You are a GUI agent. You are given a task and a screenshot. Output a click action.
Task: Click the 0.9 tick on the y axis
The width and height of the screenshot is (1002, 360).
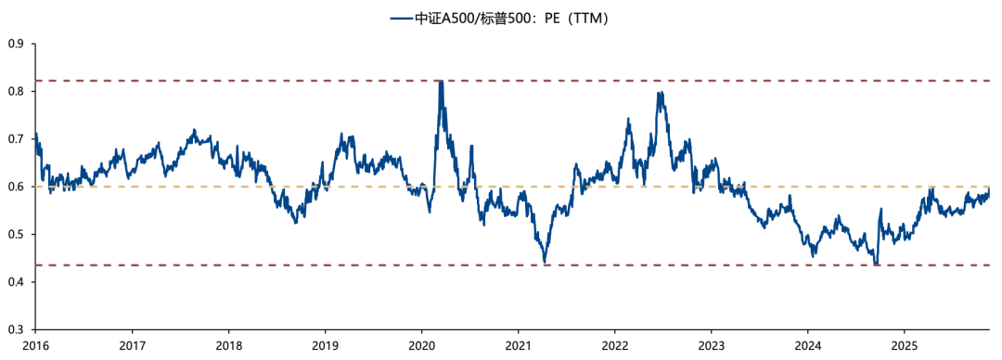[15, 44]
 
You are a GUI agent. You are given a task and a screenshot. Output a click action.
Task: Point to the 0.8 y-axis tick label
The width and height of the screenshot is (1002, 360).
[15, 92]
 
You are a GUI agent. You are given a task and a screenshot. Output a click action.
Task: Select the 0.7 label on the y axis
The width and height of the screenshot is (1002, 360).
[15, 139]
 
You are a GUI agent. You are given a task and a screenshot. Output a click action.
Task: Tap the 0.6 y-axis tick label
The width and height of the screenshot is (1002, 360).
[15, 186]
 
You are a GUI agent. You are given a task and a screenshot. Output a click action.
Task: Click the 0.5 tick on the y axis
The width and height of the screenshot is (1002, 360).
[15, 234]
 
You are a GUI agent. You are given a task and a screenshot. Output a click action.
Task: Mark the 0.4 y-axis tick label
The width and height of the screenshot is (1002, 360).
[15, 282]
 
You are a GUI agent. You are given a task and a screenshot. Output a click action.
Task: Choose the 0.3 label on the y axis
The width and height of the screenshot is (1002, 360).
[15, 329]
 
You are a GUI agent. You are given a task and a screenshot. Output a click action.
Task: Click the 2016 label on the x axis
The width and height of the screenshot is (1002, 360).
[35, 346]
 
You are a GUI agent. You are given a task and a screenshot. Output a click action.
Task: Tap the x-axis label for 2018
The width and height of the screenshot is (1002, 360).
[228, 346]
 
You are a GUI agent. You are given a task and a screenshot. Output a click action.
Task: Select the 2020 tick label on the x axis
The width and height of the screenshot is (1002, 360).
[421, 346]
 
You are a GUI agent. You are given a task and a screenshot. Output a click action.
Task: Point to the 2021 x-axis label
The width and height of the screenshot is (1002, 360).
[518, 346]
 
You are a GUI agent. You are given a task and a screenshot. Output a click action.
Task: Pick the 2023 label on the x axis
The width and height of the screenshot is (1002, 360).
[712, 346]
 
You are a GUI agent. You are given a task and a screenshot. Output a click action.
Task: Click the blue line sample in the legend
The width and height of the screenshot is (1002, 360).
[402, 19]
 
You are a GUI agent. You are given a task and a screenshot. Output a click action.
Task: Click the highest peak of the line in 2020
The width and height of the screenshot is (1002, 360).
[441, 81]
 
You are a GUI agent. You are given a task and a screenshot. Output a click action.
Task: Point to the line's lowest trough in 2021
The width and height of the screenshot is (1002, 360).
[545, 263]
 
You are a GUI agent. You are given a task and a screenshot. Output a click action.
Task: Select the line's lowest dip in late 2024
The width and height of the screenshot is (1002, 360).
[876, 264]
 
